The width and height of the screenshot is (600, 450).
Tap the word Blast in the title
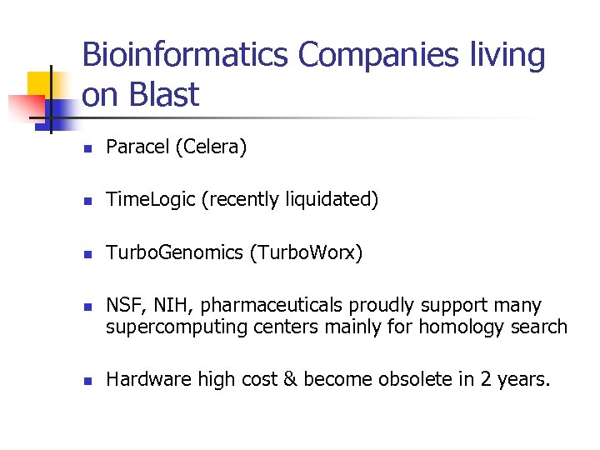point(165,95)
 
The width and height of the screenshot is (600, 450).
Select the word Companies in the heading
point(372,56)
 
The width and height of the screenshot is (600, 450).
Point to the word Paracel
point(137,147)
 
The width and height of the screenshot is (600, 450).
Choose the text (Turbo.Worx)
point(306,252)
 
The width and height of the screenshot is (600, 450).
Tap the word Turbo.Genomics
point(174,252)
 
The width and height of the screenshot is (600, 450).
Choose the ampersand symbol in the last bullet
point(289,380)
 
